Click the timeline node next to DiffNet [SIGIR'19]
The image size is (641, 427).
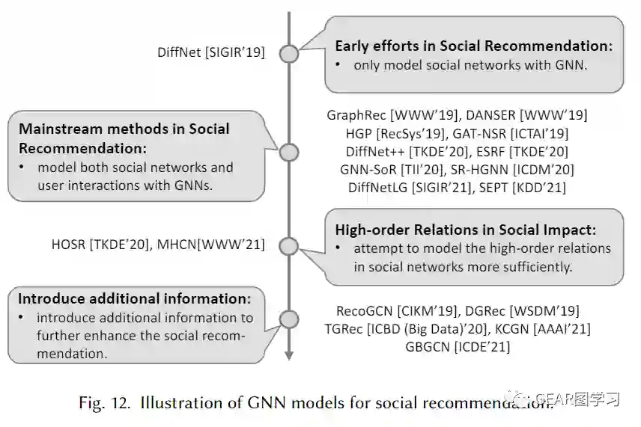coord(288,53)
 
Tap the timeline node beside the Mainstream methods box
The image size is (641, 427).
coord(288,149)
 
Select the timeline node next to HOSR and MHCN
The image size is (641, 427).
coord(288,245)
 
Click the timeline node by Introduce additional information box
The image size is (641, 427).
coord(288,319)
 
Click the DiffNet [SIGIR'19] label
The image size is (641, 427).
coord(211,52)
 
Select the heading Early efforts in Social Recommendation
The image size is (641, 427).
coord(473,46)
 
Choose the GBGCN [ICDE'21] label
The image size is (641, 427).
coord(458,346)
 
